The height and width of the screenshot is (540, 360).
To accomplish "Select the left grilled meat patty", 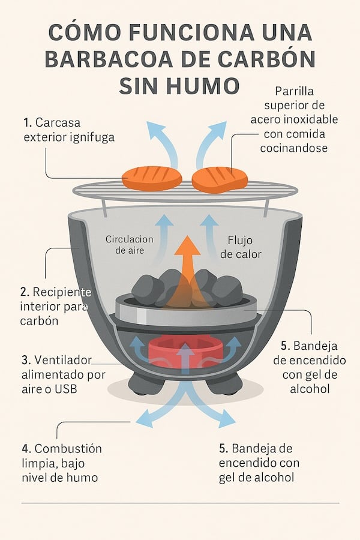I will point(152,178).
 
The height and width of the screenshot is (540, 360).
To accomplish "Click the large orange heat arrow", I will point(188,264).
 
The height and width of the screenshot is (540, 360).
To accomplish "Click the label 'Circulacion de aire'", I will point(129,245).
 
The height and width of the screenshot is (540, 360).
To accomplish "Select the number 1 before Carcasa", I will point(26,122).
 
